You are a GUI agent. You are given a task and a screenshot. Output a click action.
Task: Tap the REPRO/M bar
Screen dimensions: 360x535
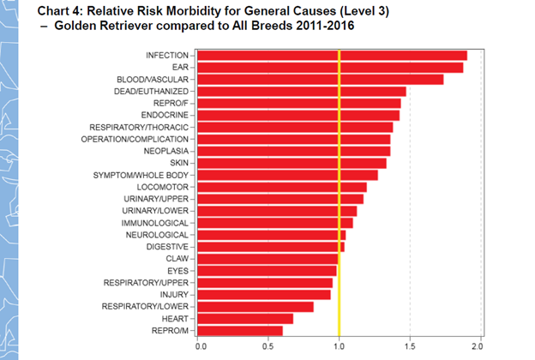(x=241, y=330)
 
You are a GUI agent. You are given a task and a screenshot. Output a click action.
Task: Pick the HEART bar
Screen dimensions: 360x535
(x=246, y=318)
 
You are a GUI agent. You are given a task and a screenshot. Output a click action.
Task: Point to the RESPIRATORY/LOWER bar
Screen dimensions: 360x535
(x=256, y=306)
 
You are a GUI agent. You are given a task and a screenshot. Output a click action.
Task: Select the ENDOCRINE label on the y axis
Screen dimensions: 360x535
(x=167, y=115)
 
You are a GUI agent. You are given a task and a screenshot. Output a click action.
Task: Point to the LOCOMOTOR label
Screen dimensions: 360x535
(x=165, y=187)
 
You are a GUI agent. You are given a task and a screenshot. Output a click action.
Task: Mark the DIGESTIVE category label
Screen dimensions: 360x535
(x=167, y=246)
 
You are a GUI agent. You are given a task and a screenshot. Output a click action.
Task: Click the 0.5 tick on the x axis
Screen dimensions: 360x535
(x=269, y=346)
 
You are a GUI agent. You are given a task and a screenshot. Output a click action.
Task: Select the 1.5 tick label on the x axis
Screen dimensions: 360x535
(x=410, y=346)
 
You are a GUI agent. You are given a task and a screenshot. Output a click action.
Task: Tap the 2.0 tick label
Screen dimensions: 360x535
(x=479, y=346)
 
